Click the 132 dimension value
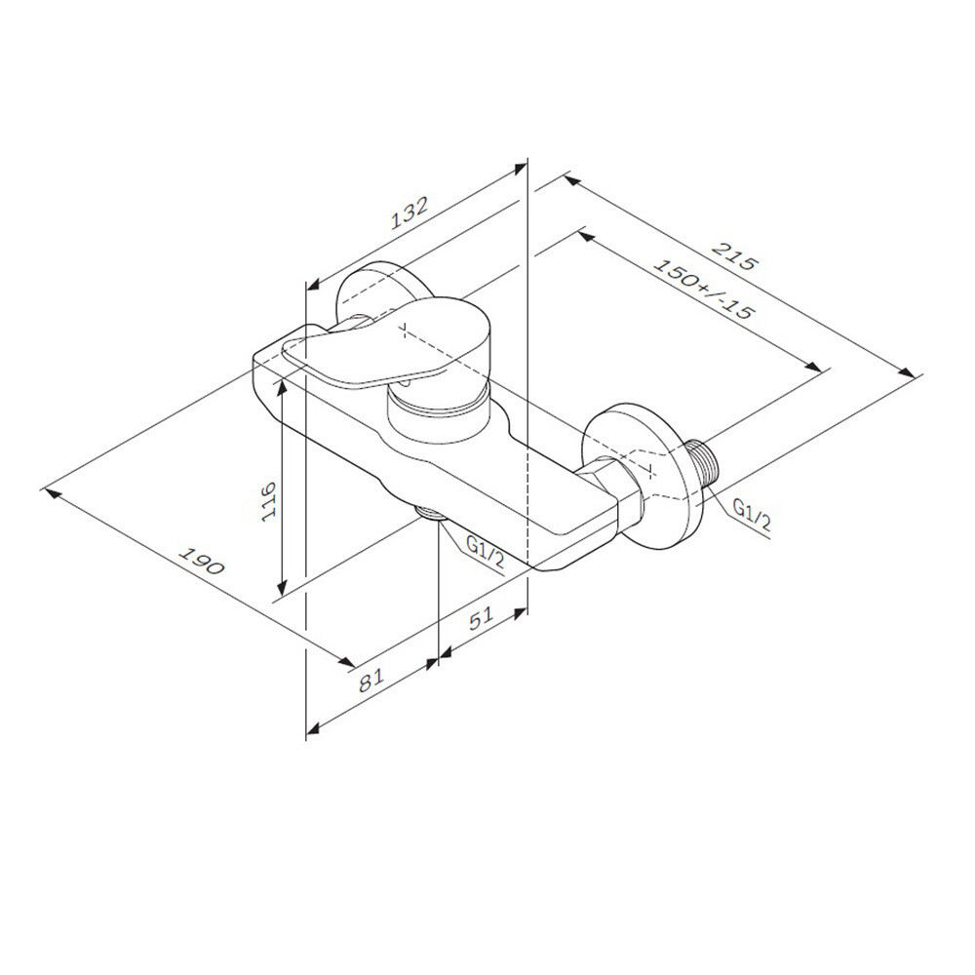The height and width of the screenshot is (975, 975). [409, 214]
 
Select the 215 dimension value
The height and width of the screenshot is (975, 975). [735, 254]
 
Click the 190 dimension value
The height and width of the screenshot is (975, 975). [201, 561]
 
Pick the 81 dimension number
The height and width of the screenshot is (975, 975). [373, 679]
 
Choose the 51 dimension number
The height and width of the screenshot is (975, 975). [480, 618]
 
